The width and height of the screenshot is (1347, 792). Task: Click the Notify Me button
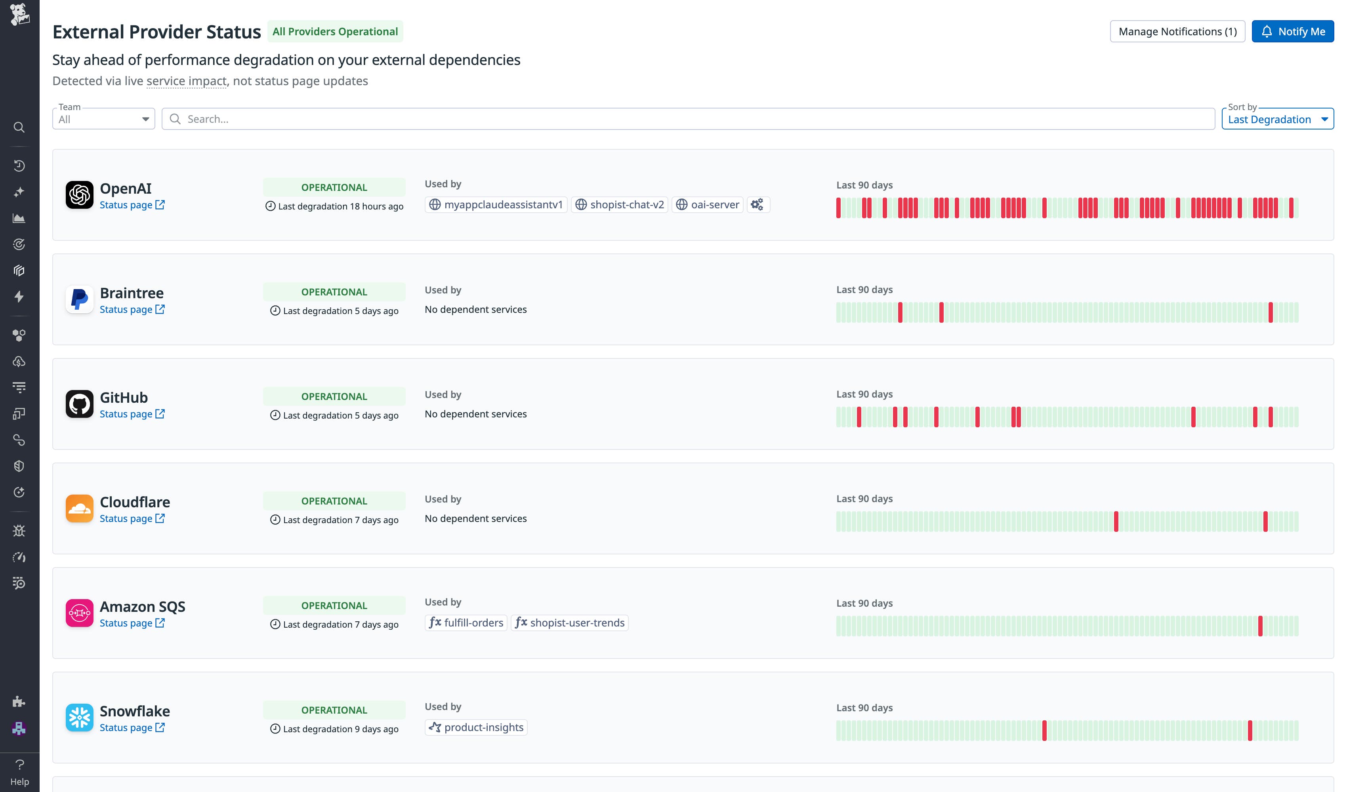click(1292, 32)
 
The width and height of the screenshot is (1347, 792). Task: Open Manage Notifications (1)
click(1177, 32)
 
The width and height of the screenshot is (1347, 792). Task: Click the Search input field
click(689, 119)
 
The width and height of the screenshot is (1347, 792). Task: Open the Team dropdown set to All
click(103, 119)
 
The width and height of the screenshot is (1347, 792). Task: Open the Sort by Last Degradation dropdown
click(1277, 119)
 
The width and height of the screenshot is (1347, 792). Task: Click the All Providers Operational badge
click(335, 32)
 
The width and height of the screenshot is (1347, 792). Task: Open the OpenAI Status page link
click(132, 205)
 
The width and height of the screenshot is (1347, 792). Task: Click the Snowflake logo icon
click(79, 717)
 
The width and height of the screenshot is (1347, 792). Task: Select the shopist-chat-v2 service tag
click(620, 205)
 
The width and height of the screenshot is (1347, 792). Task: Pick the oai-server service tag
click(707, 205)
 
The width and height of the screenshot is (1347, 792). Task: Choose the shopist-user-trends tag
click(569, 623)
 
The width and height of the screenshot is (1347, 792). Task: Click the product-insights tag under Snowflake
click(476, 727)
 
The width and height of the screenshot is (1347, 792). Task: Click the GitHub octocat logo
click(79, 404)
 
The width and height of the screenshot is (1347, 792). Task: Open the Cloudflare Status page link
click(132, 518)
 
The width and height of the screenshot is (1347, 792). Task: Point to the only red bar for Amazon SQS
click(1260, 626)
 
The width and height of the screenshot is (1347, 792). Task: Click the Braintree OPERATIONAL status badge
click(334, 292)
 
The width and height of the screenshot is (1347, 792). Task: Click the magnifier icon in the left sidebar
click(19, 127)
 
